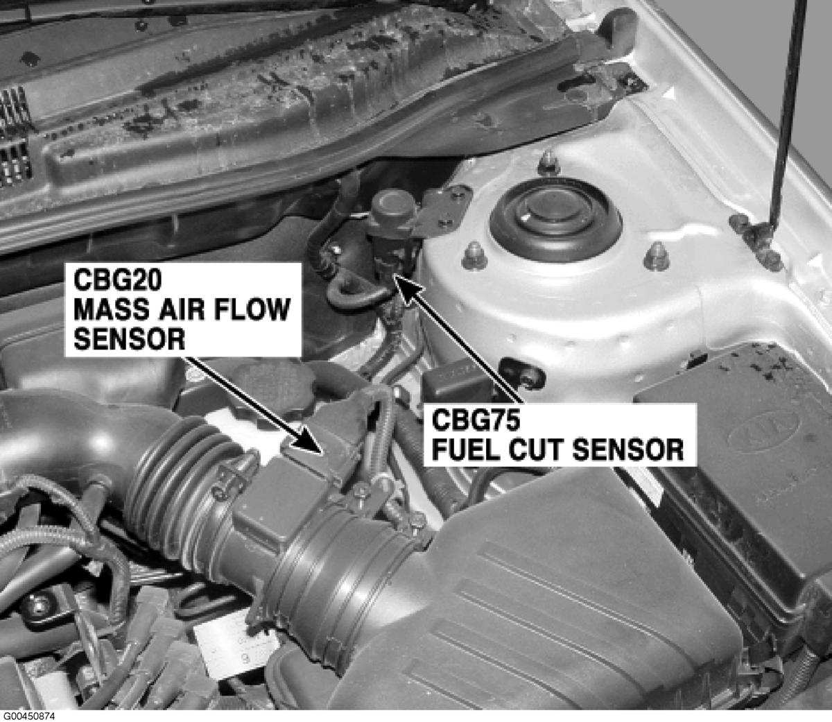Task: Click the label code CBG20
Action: (x=118, y=281)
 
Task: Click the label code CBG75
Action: (x=476, y=420)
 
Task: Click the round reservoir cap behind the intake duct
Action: (x=271, y=390)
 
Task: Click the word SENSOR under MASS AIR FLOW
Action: (x=130, y=339)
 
